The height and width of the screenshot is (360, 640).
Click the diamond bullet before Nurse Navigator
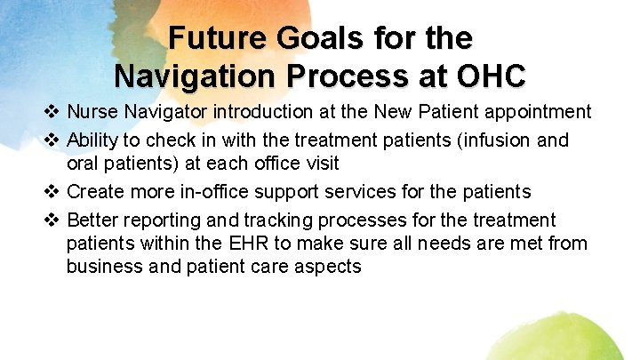click(x=52, y=112)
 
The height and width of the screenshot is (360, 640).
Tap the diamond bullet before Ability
click(x=52, y=140)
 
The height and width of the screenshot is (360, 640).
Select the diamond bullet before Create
click(x=52, y=192)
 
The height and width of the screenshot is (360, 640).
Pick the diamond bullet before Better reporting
click(x=52, y=220)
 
